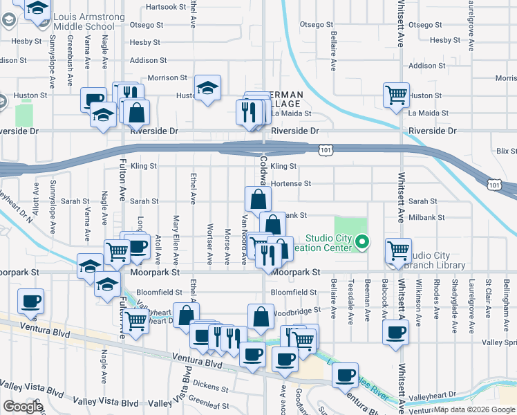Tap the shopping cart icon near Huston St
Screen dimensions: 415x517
395,95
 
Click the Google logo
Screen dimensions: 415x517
23,407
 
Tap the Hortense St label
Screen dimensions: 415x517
291,183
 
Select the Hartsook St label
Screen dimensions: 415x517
167,7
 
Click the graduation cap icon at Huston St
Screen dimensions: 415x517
207,88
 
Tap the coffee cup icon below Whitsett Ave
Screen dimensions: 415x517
396,332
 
